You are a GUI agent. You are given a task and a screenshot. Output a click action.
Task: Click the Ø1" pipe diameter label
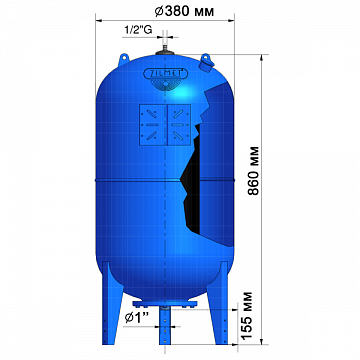pyautogui.click(x=137, y=317)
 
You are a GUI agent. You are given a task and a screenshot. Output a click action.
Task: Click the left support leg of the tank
pyautogui.click(x=112, y=300)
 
